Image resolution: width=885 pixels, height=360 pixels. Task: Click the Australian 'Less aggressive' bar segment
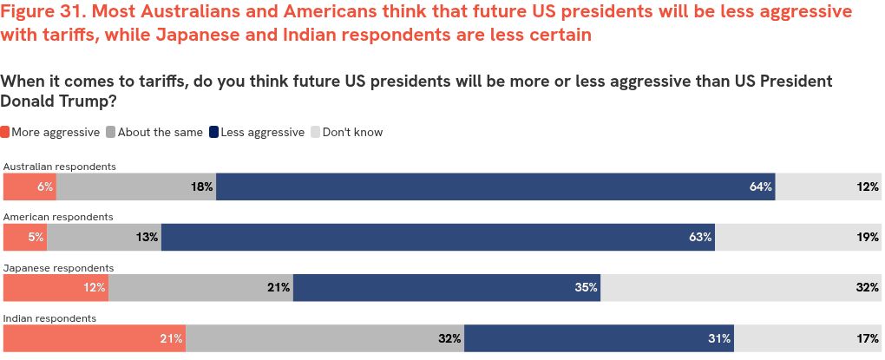click(495, 187)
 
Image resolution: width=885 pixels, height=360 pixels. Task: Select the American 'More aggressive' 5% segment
click(25, 237)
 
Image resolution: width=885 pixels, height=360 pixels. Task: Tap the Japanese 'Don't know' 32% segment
click(741, 287)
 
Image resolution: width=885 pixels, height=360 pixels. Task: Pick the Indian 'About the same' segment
click(324, 338)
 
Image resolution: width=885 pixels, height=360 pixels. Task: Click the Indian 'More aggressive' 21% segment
click(95, 338)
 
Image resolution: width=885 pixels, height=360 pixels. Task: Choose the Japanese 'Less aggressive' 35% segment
click(446, 287)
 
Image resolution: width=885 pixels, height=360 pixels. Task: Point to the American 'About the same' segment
click(104, 237)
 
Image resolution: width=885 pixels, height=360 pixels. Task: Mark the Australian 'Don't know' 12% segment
click(829, 187)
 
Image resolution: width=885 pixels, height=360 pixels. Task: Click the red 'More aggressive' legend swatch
click(5, 133)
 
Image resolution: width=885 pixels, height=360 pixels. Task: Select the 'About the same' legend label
click(160, 133)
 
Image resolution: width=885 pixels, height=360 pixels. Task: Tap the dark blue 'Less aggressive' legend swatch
click(213, 133)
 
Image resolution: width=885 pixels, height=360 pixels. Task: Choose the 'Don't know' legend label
click(352, 133)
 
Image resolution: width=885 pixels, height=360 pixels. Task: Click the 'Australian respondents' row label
click(60, 166)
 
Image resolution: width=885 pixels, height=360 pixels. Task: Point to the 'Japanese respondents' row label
click(58, 268)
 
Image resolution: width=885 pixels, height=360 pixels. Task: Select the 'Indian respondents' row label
click(49, 318)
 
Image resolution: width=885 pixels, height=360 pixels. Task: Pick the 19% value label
click(868, 237)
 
